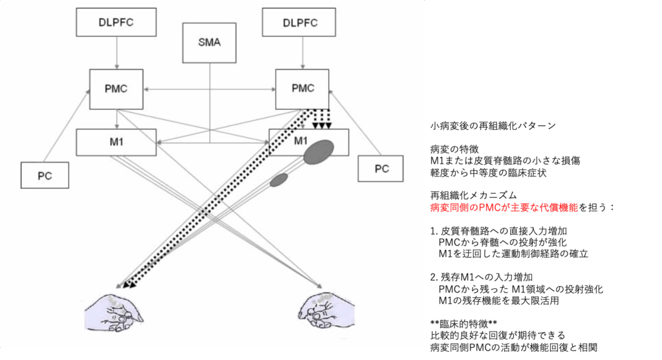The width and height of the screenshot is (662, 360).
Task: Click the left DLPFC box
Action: [117, 23]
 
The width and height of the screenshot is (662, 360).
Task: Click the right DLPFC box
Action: [301, 23]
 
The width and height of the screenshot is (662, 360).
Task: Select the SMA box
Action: [209, 43]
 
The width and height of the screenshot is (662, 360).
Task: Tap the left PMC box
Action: [116, 89]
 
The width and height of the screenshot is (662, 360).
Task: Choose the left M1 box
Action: [116, 142]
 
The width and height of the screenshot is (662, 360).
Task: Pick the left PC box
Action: [45, 175]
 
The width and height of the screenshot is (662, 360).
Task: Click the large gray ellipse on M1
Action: [319, 154]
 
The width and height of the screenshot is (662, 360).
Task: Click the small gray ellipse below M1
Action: [279, 180]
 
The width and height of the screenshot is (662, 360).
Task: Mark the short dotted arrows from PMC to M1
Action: [321, 119]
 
